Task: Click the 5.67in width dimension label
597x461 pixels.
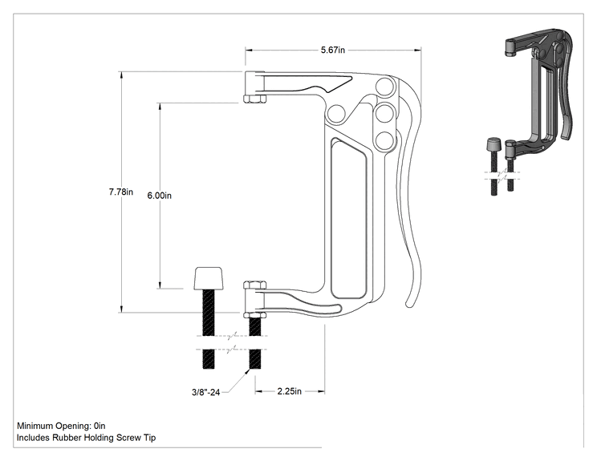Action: click(x=333, y=50)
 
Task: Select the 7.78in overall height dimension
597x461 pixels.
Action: click(x=120, y=192)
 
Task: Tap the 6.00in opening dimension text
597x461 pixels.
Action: click(x=159, y=196)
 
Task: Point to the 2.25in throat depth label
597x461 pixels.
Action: click(x=290, y=391)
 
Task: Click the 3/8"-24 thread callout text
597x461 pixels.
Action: click(x=205, y=392)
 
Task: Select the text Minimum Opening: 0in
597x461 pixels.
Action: click(x=61, y=426)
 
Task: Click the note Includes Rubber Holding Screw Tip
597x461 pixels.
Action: click(x=86, y=438)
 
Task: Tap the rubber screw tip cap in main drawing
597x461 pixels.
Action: click(x=209, y=278)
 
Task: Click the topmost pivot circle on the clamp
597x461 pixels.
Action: click(x=385, y=87)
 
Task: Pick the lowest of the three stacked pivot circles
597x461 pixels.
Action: click(x=384, y=141)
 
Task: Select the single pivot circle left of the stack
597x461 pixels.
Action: click(x=336, y=114)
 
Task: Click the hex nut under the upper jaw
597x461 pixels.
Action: click(x=254, y=99)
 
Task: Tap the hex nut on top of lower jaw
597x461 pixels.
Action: click(x=254, y=285)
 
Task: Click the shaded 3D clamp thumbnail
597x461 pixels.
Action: click(x=533, y=111)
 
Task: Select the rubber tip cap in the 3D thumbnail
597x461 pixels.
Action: click(x=493, y=144)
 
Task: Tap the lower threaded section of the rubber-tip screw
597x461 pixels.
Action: click(x=209, y=359)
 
